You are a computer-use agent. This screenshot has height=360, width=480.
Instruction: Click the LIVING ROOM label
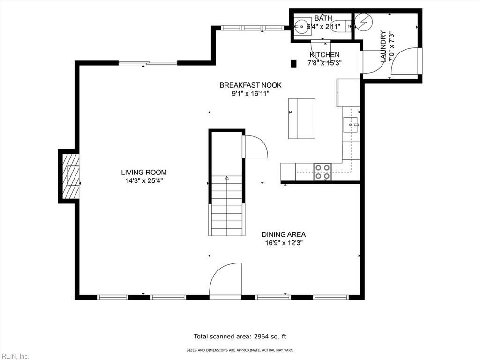pyautogui.click(x=143, y=172)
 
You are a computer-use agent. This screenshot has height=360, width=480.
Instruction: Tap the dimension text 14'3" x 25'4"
pyautogui.click(x=143, y=180)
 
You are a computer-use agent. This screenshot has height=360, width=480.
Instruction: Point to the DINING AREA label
pyautogui.click(x=284, y=234)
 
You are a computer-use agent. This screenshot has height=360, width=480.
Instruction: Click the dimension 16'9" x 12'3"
pyautogui.click(x=284, y=243)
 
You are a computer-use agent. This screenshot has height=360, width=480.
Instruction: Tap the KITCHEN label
pyautogui.click(x=324, y=55)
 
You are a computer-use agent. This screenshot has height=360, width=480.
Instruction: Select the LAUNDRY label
pyautogui.click(x=383, y=46)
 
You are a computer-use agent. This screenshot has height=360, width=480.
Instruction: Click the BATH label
pyautogui.click(x=323, y=18)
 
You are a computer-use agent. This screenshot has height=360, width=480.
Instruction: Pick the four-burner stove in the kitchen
pyautogui.click(x=322, y=172)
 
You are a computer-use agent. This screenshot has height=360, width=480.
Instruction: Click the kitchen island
pyautogui.click(x=301, y=119)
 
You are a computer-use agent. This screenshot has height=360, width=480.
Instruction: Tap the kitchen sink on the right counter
pyautogui.click(x=351, y=124)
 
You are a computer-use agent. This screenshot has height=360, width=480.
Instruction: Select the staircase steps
pyautogui.click(x=227, y=206)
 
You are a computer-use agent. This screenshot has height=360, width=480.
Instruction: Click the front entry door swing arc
pyautogui.click(x=225, y=280)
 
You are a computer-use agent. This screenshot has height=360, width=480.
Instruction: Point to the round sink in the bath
pyautogui.click(x=302, y=27)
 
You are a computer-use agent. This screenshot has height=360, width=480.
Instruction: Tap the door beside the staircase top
pyautogui.click(x=255, y=147)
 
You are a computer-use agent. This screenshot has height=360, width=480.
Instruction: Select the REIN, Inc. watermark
pyautogui.click(x=15, y=356)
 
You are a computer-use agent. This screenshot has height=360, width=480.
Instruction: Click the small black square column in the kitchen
pyautogui.click(x=294, y=64)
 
